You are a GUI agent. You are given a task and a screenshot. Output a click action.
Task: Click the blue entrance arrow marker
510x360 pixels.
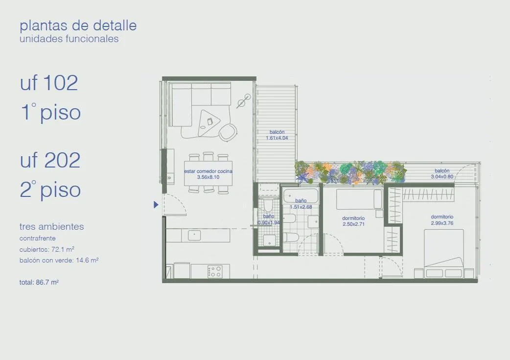pyautogui.click(x=156, y=204)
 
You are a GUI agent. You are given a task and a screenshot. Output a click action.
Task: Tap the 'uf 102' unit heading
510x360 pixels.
pyautogui.click(x=49, y=83)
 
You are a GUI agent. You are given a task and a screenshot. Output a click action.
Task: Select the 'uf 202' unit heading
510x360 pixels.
pyautogui.click(x=50, y=160)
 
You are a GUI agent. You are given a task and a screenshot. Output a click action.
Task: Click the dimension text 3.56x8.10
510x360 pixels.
pyautogui.click(x=208, y=177)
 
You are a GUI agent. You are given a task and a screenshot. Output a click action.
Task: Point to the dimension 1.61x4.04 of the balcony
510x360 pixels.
pyautogui.click(x=277, y=138)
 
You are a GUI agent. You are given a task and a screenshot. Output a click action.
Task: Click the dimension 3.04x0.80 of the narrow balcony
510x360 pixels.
pyautogui.click(x=442, y=177)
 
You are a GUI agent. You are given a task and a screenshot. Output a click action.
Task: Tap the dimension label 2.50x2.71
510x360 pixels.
pyautogui.click(x=353, y=224)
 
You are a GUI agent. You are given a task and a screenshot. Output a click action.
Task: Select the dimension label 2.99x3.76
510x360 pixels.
pyautogui.click(x=442, y=223)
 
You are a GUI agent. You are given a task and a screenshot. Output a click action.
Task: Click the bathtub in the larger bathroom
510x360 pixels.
pyautogui.click(x=301, y=195)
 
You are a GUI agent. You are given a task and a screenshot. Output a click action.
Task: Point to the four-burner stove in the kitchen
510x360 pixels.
pyautogui.click(x=215, y=271)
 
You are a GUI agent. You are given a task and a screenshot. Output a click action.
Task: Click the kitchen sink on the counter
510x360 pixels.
pyautogui.click(x=194, y=235)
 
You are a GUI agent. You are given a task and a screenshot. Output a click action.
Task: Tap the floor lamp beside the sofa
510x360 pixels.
pyautogui.click(x=244, y=101)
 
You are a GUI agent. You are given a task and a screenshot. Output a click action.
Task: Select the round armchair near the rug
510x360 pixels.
pyautogui.click(x=228, y=132)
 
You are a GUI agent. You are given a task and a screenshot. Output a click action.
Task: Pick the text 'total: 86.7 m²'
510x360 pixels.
pyautogui.click(x=39, y=282)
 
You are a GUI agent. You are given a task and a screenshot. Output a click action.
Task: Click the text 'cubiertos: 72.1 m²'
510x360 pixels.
pyautogui.click(x=47, y=249)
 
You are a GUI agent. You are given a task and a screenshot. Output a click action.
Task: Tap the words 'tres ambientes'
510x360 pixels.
pyautogui.click(x=52, y=227)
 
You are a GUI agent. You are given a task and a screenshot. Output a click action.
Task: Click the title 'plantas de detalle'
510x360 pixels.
pyautogui.click(x=78, y=25)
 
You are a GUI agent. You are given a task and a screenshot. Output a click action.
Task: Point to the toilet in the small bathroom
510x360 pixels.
pyautogui.click(x=268, y=205)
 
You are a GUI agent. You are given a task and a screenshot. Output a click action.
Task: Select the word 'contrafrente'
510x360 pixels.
pyautogui.click(x=37, y=238)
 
